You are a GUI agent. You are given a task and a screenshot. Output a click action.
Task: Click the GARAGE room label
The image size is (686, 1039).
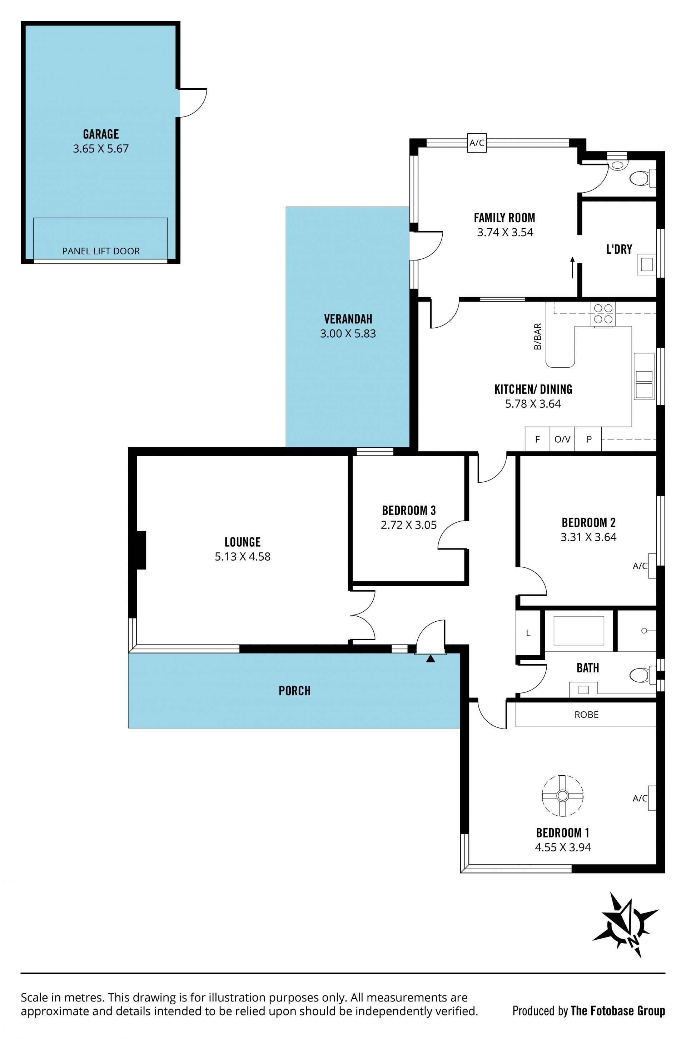[x=101, y=134]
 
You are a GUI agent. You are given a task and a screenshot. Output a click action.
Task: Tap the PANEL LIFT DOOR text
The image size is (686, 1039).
[x=101, y=251]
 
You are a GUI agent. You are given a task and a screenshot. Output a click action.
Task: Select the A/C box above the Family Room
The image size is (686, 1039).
[x=477, y=143]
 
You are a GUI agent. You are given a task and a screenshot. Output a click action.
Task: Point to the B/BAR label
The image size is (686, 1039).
[x=538, y=337]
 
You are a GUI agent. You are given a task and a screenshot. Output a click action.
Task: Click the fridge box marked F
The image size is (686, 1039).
[x=537, y=439]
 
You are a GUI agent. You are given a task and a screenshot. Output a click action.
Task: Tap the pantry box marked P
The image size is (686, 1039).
[x=588, y=439]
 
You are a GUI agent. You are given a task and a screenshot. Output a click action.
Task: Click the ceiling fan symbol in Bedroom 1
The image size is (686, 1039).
[x=563, y=795]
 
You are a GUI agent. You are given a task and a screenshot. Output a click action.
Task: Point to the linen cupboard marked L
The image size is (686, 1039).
[x=528, y=633]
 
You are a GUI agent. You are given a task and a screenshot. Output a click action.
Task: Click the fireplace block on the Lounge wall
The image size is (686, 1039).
[x=141, y=550]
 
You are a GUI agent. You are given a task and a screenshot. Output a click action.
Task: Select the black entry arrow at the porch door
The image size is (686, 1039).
[x=431, y=658]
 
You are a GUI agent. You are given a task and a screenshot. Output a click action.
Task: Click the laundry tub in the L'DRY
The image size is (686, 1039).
[x=647, y=264]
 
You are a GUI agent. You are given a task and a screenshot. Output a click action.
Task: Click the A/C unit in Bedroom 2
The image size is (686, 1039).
[x=652, y=566]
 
